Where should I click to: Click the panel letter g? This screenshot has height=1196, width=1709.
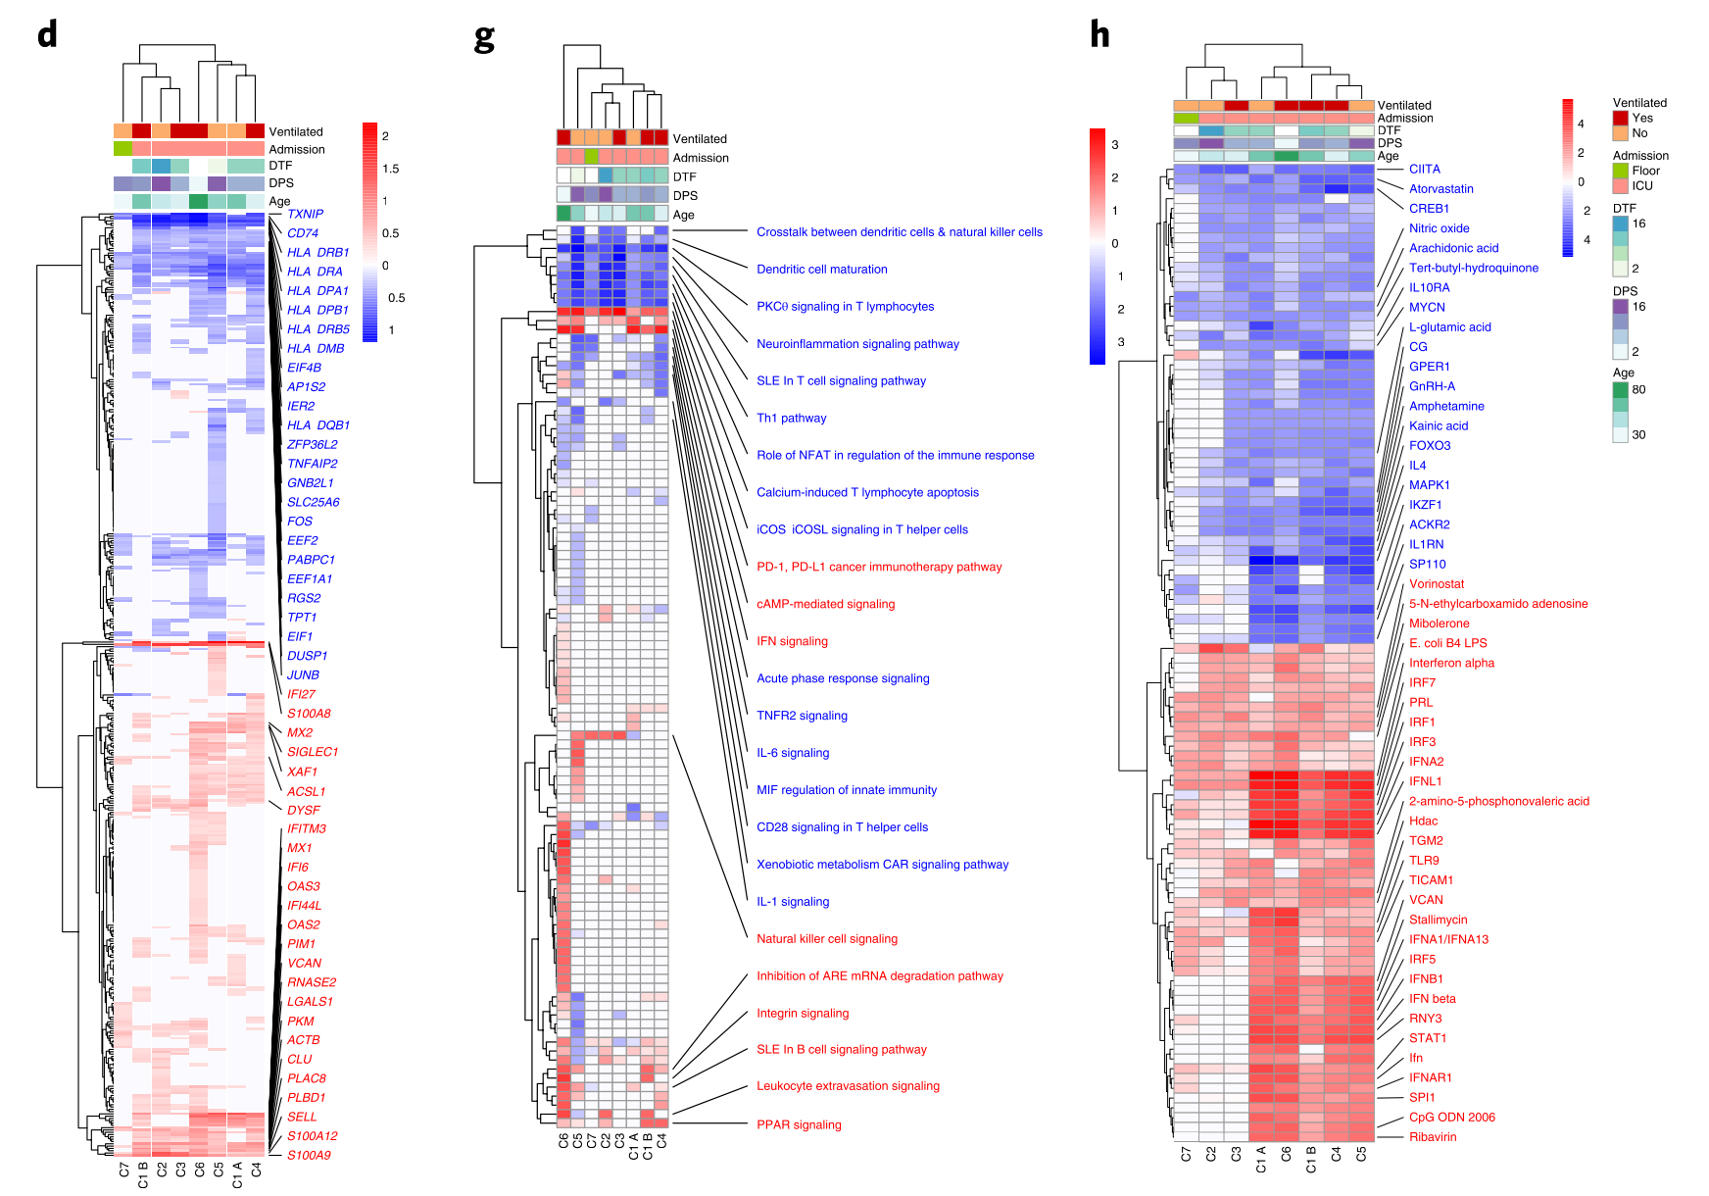pos(484,39)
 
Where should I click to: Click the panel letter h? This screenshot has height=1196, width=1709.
pos(1099,35)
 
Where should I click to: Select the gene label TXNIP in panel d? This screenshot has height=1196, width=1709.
pos(305,214)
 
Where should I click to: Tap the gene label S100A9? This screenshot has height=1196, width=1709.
pos(309,1155)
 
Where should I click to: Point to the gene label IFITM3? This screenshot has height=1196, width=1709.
pos(307,828)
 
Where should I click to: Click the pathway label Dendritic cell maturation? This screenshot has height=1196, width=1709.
pos(821,270)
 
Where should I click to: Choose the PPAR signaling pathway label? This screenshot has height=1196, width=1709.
pos(799,1124)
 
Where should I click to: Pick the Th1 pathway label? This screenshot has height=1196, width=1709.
pos(791,418)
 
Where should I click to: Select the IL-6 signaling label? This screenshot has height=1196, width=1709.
pos(793,753)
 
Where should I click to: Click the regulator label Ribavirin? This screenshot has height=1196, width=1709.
pos(1433,1137)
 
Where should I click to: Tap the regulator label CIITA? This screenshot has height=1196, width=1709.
pos(1425,170)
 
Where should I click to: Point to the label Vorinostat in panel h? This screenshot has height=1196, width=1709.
pos(1437,584)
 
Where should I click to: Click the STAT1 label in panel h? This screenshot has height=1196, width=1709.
pos(1428,1038)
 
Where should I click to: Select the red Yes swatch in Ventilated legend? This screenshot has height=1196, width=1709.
pos(1621,119)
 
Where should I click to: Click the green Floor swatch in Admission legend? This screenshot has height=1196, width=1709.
pos(1621,171)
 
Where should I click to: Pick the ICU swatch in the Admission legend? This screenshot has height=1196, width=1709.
pos(1621,186)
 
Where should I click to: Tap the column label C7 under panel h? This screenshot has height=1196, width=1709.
pos(1187,1155)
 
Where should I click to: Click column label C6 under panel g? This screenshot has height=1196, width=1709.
pos(563,1142)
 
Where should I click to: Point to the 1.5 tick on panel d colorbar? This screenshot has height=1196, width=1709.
pos(390,169)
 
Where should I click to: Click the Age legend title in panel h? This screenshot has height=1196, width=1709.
pos(1624,373)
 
